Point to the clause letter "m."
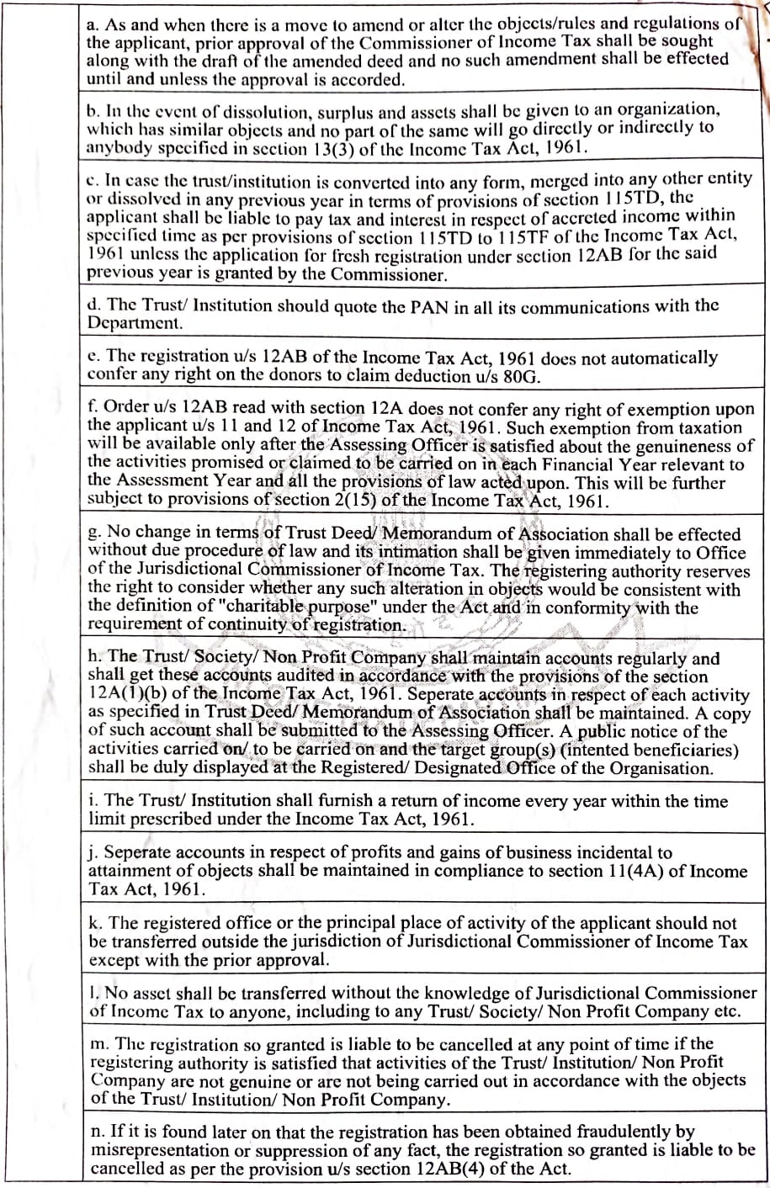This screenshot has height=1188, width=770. coord(98,1044)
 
